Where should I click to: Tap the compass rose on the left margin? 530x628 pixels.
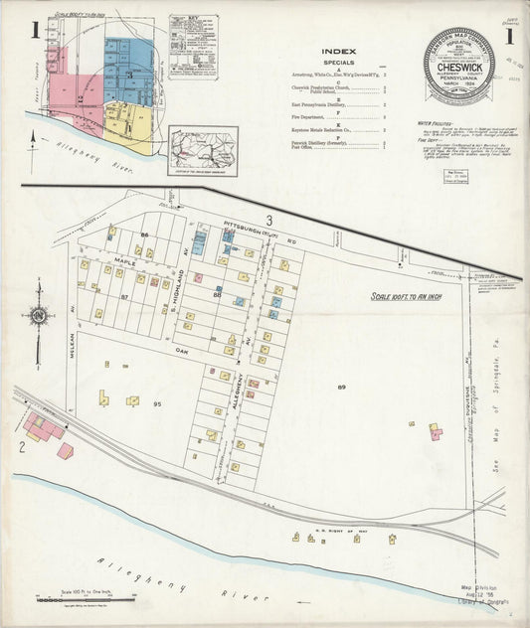pyautogui.click(x=39, y=317)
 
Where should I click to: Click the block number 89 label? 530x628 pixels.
pyautogui.click(x=341, y=386)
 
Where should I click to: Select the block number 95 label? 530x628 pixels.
pyautogui.click(x=157, y=403)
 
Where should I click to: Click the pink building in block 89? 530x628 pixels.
pyautogui.click(x=435, y=432)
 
